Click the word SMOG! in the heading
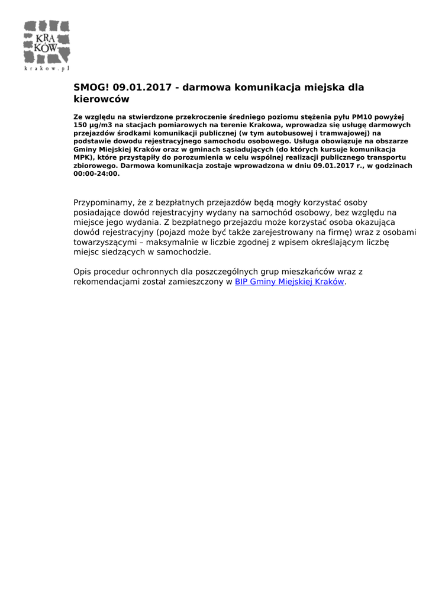tap(91, 88)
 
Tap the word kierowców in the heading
tap(101, 99)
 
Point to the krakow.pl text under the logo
tap(47, 69)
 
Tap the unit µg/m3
tap(103, 125)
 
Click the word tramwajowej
tap(337, 134)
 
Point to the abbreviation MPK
tap(82, 158)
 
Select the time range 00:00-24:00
tap(96, 174)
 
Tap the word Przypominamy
tap(104, 203)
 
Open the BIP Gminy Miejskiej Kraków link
tap(289, 282)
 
